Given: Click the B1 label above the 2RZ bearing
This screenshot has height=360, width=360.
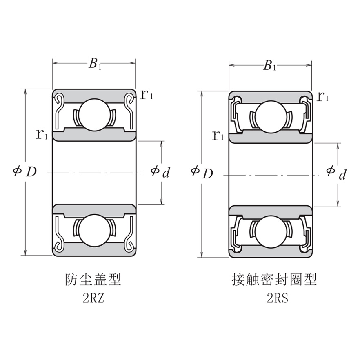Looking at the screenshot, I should point(95,64).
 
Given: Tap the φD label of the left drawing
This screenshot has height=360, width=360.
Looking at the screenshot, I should point(25,172).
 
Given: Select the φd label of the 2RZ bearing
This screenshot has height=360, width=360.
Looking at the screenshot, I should point(160,172).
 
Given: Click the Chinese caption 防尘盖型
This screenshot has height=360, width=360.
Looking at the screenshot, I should point(93,280).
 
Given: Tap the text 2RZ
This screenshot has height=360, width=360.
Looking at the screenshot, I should point(93,299).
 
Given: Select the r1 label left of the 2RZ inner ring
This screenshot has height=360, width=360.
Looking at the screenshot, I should point(42,134).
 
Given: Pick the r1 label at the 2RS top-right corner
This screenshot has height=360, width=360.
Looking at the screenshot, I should point(323,97).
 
